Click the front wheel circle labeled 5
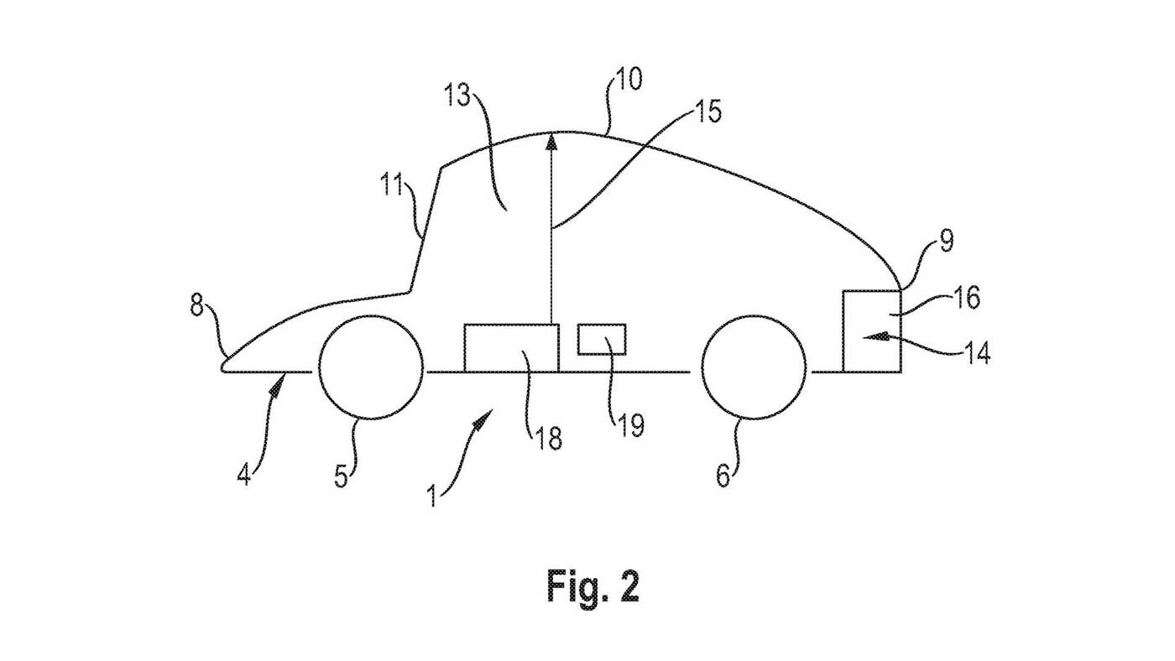click(x=371, y=367)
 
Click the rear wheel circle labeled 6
click(x=755, y=367)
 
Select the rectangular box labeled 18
click(x=511, y=347)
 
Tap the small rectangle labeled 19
click(x=602, y=338)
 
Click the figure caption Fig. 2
click(x=593, y=586)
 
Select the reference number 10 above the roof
click(x=626, y=81)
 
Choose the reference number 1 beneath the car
click(x=432, y=495)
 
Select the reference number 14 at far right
click(x=974, y=353)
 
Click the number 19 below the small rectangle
click(x=630, y=425)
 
